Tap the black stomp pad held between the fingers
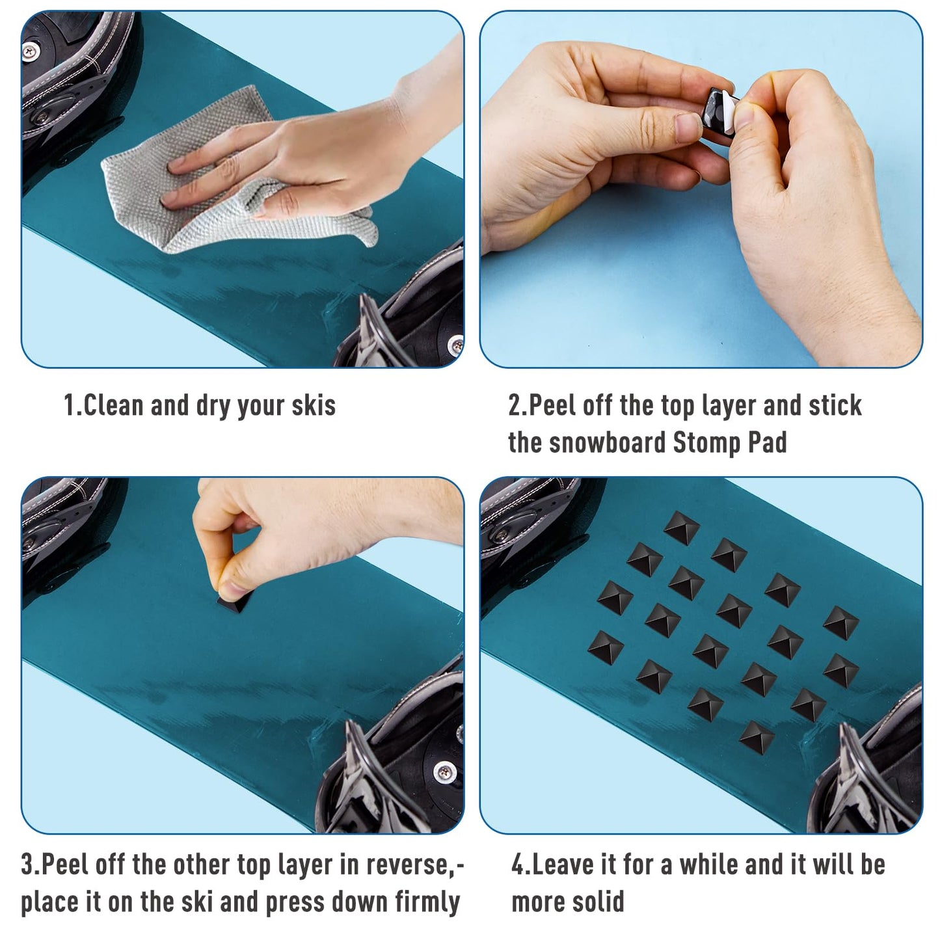click(x=713, y=110)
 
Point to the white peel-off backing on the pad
click(x=730, y=112)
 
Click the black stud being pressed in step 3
click(x=235, y=605)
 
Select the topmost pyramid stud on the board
click(x=682, y=528)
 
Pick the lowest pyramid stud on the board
click(x=757, y=751)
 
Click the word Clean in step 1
click(x=113, y=405)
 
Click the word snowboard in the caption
click(x=608, y=442)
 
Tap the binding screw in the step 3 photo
click(x=444, y=772)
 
